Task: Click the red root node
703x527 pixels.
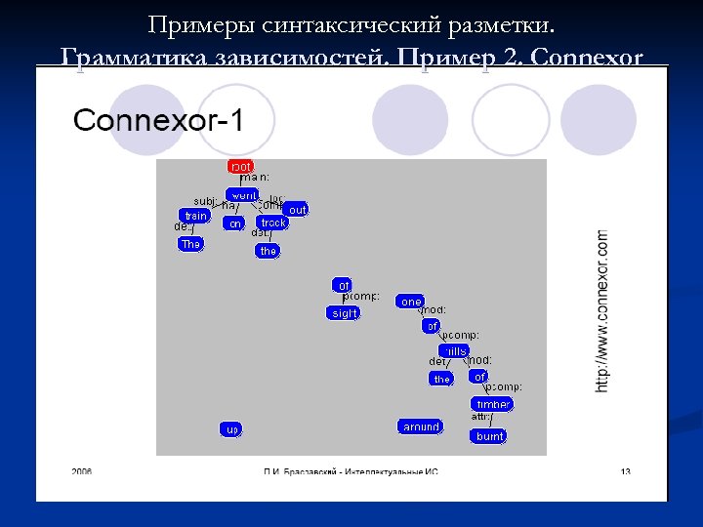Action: pyautogui.click(x=240, y=167)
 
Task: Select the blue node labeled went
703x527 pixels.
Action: pyautogui.click(x=242, y=194)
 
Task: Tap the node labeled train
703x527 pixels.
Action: pyautogui.click(x=195, y=216)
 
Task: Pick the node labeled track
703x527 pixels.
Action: pyautogui.click(x=273, y=223)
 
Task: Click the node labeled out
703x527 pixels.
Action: pyautogui.click(x=297, y=210)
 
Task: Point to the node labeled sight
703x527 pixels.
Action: pyautogui.click(x=344, y=313)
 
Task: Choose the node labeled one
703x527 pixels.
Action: pyautogui.click(x=411, y=302)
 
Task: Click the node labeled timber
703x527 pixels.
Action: pyautogui.click(x=491, y=404)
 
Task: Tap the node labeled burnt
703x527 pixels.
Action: pyautogui.click(x=489, y=436)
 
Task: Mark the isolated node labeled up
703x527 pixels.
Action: pyautogui.click(x=231, y=429)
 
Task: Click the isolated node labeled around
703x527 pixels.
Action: pyautogui.click(x=421, y=426)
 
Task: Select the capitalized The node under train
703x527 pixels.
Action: pyautogui.click(x=190, y=244)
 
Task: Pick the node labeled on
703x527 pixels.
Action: pyautogui.click(x=233, y=223)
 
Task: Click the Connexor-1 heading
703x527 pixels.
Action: pyautogui.click(x=158, y=121)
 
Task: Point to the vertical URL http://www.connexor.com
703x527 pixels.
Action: pyautogui.click(x=601, y=310)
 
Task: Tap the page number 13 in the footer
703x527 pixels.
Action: pyautogui.click(x=625, y=471)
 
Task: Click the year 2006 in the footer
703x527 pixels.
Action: pyautogui.click(x=82, y=471)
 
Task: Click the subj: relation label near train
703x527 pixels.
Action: pyautogui.click(x=205, y=201)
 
